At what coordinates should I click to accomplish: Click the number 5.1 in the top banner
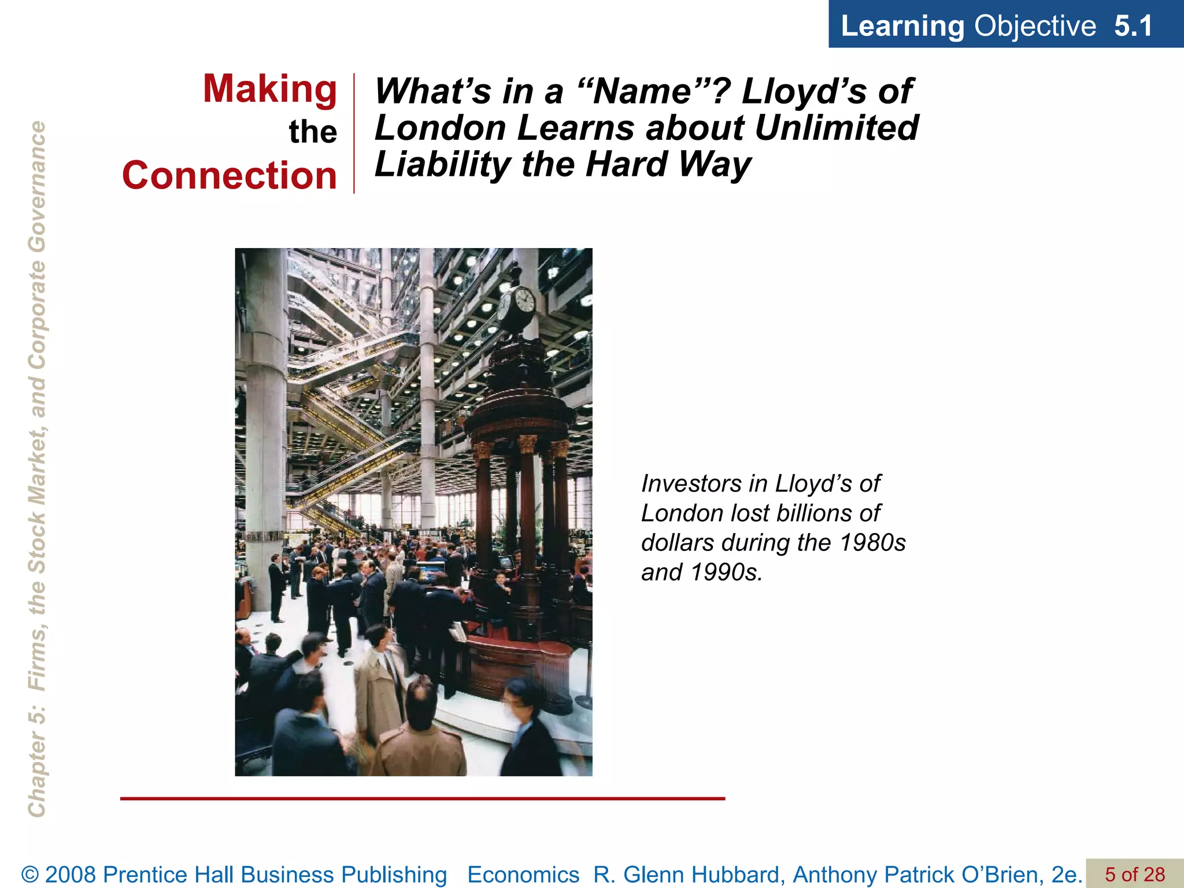click(1133, 26)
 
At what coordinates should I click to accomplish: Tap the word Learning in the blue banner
click(902, 26)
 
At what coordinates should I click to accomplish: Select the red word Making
click(270, 90)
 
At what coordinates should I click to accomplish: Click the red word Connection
click(230, 176)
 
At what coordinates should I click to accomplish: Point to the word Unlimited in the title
click(836, 128)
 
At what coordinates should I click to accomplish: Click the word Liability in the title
click(442, 165)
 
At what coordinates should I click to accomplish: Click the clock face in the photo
click(523, 302)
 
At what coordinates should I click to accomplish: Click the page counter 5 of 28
click(1135, 874)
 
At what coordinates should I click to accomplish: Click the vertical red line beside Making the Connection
click(354, 133)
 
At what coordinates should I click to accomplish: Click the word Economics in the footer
click(523, 875)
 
